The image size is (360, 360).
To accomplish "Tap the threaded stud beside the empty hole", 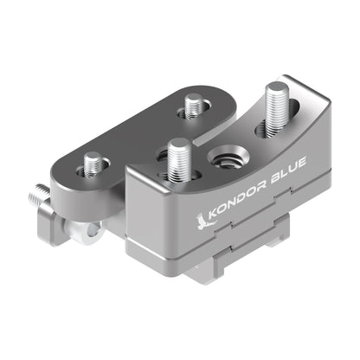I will pos(180,158).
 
